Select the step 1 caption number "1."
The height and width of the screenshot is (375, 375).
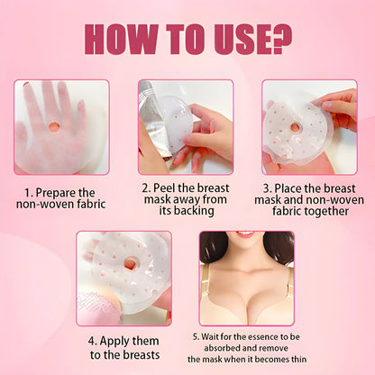[30, 191]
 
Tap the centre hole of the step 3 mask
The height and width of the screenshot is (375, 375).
[294, 127]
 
